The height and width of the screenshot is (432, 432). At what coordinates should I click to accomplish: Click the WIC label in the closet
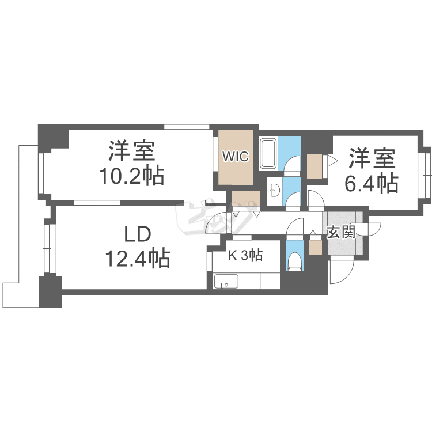236,157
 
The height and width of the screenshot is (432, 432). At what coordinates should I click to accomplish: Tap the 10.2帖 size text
132,176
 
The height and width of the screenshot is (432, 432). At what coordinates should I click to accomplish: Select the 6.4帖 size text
372,183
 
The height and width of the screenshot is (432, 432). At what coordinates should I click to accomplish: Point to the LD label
138,234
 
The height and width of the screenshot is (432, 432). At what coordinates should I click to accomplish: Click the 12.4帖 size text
138,259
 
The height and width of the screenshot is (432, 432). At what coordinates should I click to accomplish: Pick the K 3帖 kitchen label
245,255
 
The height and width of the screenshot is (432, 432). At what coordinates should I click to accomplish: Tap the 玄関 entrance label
341,233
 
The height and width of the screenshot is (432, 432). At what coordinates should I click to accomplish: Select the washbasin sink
274,191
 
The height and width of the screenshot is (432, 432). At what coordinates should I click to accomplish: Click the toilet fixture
294,261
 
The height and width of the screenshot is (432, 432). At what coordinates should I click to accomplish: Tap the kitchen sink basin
226,281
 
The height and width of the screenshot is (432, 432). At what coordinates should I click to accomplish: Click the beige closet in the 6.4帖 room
314,166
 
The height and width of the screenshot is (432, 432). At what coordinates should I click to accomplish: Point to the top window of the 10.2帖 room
187,127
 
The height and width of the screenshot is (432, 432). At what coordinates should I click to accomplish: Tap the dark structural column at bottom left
50,291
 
